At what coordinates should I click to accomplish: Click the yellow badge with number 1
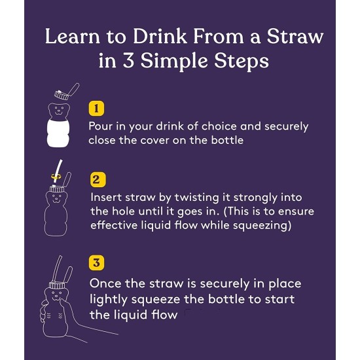point(96,108)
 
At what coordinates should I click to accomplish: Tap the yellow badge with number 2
point(98,179)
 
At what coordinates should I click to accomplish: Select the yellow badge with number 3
point(96,262)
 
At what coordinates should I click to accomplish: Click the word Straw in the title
point(295,37)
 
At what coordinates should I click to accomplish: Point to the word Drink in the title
point(160,36)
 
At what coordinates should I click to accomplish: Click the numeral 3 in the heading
point(128,61)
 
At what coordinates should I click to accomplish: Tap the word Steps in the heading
point(242,62)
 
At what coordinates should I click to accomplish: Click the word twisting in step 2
point(197,198)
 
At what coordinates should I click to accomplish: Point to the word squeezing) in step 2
point(262,226)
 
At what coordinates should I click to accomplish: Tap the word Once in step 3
point(105,283)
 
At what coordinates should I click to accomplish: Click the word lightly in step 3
point(108,300)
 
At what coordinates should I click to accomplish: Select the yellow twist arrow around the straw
point(56,177)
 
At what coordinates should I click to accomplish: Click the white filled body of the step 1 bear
point(58,133)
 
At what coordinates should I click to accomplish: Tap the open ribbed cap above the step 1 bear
point(62,95)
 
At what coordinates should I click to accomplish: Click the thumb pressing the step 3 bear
point(64,304)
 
